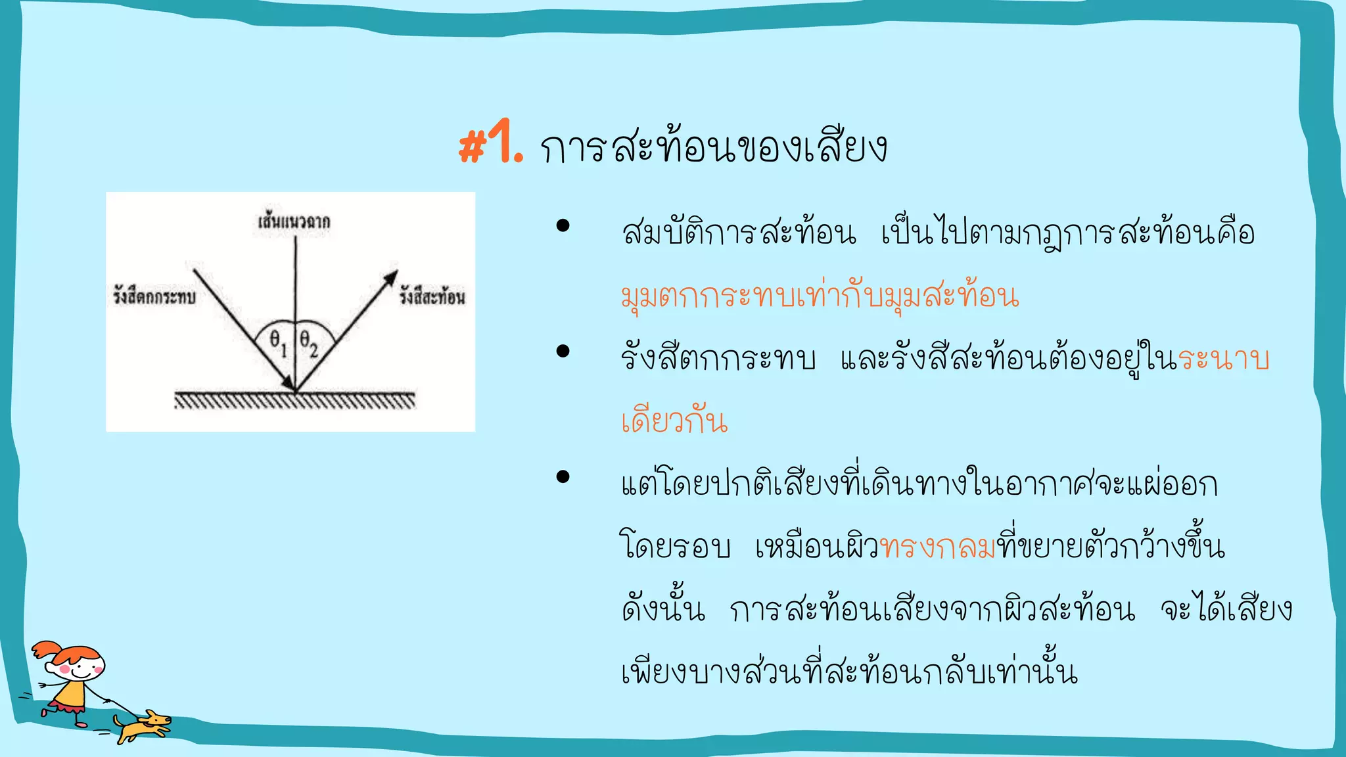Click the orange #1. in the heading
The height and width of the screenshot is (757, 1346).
(490, 143)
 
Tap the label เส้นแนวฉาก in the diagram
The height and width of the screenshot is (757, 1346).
(294, 221)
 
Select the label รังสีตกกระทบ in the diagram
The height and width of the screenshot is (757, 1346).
(154, 297)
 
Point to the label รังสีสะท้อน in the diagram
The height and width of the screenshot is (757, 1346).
(432, 297)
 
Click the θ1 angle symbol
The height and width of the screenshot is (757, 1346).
(278, 342)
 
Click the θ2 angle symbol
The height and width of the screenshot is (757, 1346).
(308, 342)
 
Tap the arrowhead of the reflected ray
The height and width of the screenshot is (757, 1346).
(391, 277)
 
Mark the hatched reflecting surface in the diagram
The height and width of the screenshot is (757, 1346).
(294, 400)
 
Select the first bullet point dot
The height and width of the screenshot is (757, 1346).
(563, 226)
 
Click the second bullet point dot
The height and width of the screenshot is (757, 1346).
(563, 352)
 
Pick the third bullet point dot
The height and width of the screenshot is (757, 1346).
(563, 476)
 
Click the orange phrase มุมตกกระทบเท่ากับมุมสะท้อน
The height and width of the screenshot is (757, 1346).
(820, 296)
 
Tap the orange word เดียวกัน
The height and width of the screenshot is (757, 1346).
(674, 421)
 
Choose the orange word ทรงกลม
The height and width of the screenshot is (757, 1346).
(937, 547)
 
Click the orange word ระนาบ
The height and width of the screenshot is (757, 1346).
(1223, 359)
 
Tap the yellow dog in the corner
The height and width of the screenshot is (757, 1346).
(143, 725)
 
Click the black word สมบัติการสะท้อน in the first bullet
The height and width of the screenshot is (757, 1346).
(739, 233)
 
